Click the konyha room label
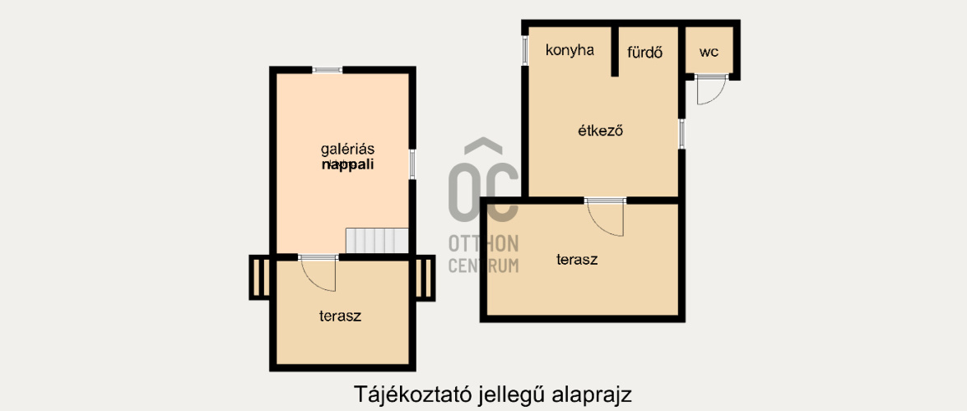pos(570,50)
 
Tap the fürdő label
pos(645,52)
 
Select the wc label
pos(709,52)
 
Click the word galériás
pos(347,150)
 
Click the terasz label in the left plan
pos(341,315)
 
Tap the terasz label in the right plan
pos(577,260)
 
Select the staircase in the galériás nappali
pos(377,241)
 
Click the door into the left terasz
pos(319,272)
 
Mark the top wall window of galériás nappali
pos(328,70)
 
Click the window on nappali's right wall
pos(411,163)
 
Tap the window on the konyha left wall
pos(525,50)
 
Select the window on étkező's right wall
pos(681,134)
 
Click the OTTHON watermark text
pos(483,243)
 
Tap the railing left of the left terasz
pos(260,278)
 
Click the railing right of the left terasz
pos(424,278)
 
